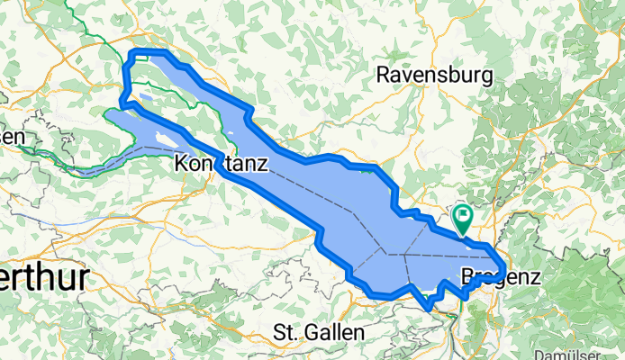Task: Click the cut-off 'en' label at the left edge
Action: tap(12, 136)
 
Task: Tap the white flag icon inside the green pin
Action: tap(463, 215)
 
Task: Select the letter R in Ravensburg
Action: tap(385, 75)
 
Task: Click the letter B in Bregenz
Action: tap(466, 276)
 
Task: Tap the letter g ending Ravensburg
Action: tap(485, 77)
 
